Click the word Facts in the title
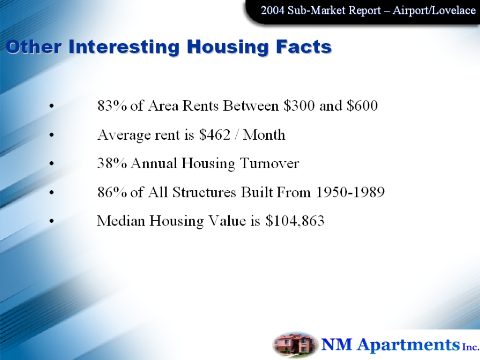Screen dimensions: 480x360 click(304, 46)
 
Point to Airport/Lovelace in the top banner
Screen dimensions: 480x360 click(434, 10)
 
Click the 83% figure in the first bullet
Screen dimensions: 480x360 click(112, 105)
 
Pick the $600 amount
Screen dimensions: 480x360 click(362, 105)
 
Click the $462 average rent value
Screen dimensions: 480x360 click(215, 135)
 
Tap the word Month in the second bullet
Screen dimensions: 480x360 click(264, 135)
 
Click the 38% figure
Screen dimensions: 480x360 click(112, 163)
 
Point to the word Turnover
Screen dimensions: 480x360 click(270, 163)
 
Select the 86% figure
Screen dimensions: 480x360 click(112, 192)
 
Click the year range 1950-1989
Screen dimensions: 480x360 click(350, 192)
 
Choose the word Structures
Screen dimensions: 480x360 click(204, 192)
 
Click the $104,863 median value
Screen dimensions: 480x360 click(295, 221)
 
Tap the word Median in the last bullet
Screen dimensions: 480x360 click(121, 221)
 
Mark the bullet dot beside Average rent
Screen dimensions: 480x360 click(52, 135)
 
